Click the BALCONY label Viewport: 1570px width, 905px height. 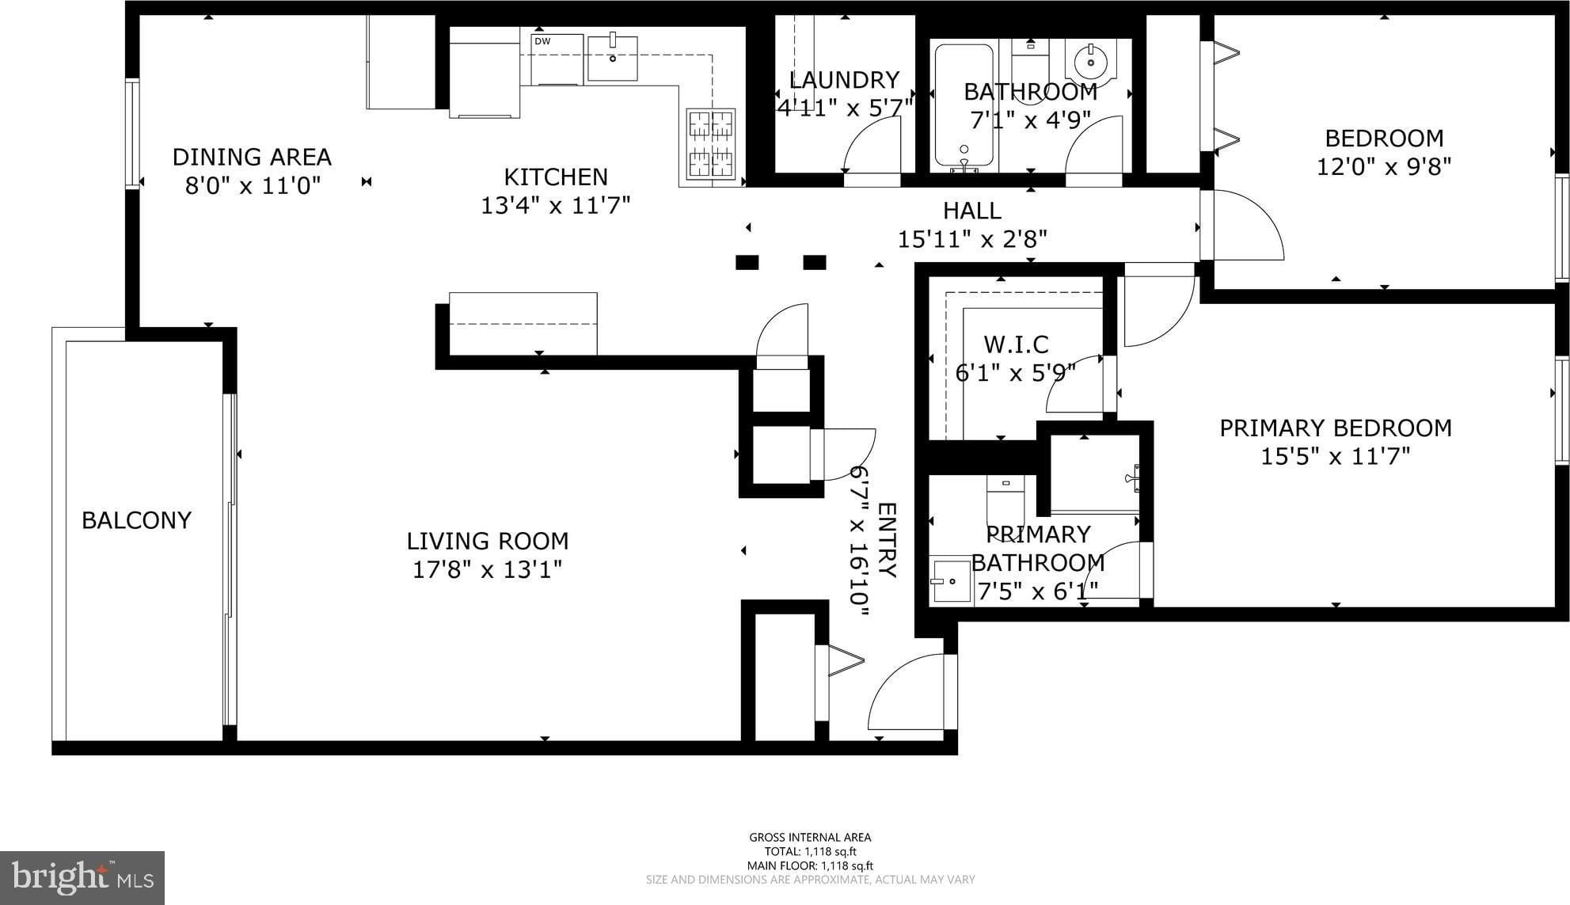point(136,520)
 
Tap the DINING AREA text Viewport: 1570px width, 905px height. point(252,157)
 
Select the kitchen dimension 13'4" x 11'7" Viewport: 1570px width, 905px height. point(556,205)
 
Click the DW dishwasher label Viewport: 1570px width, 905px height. point(542,41)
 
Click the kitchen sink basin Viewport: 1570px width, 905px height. point(613,58)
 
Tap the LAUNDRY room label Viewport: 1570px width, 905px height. point(844,80)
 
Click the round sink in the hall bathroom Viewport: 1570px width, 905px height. point(1090,60)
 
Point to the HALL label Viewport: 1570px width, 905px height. point(972,211)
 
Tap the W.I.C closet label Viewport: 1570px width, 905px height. point(1016,344)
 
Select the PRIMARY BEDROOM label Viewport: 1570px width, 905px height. point(1336,428)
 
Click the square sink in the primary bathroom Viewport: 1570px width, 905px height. point(950,582)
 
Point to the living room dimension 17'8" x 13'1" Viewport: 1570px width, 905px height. point(488,569)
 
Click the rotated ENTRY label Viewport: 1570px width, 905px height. point(887,540)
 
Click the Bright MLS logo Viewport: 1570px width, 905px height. point(82,877)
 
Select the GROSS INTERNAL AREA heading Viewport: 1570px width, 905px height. point(810,837)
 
